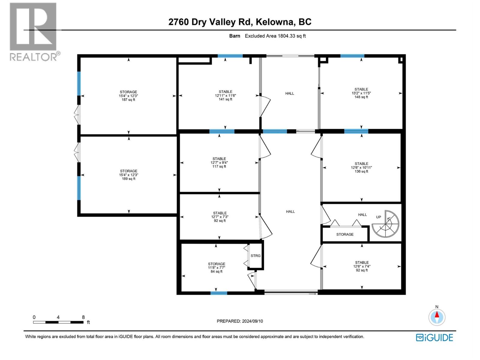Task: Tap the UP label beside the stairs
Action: coord(379,217)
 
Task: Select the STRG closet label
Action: coord(256,256)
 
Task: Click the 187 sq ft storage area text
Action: coord(128,100)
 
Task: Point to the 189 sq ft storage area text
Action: coord(129,179)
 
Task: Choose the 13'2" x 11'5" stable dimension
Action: coord(361,93)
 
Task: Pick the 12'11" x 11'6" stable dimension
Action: coord(225,95)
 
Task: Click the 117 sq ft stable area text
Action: coord(219,166)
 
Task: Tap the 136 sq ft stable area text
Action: coord(361,171)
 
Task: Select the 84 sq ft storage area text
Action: coord(217,271)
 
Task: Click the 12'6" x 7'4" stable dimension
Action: coord(362,266)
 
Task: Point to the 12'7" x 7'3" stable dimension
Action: coord(220,217)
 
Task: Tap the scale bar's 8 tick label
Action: coord(83,317)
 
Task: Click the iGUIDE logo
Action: coord(434,337)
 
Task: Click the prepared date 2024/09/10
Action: coord(252,321)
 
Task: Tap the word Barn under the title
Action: coord(235,36)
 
